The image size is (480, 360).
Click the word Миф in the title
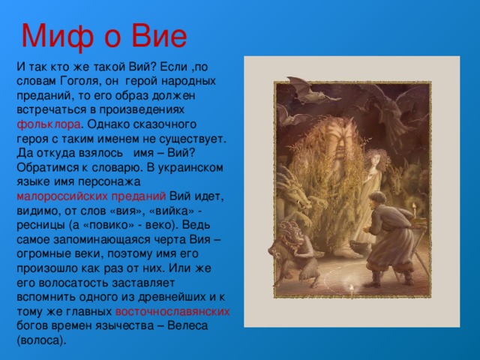click(x=58, y=36)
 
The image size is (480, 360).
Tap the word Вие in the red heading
click(x=159, y=36)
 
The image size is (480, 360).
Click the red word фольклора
click(x=48, y=124)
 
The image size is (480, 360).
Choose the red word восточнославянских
click(x=172, y=312)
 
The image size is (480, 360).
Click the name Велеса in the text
click(x=187, y=325)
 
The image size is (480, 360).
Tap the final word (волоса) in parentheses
click(x=41, y=340)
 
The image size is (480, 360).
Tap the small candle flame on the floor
click(x=352, y=288)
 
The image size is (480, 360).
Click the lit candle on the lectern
click(x=415, y=210)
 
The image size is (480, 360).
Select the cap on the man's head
click(x=378, y=196)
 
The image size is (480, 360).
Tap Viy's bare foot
click(x=346, y=253)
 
